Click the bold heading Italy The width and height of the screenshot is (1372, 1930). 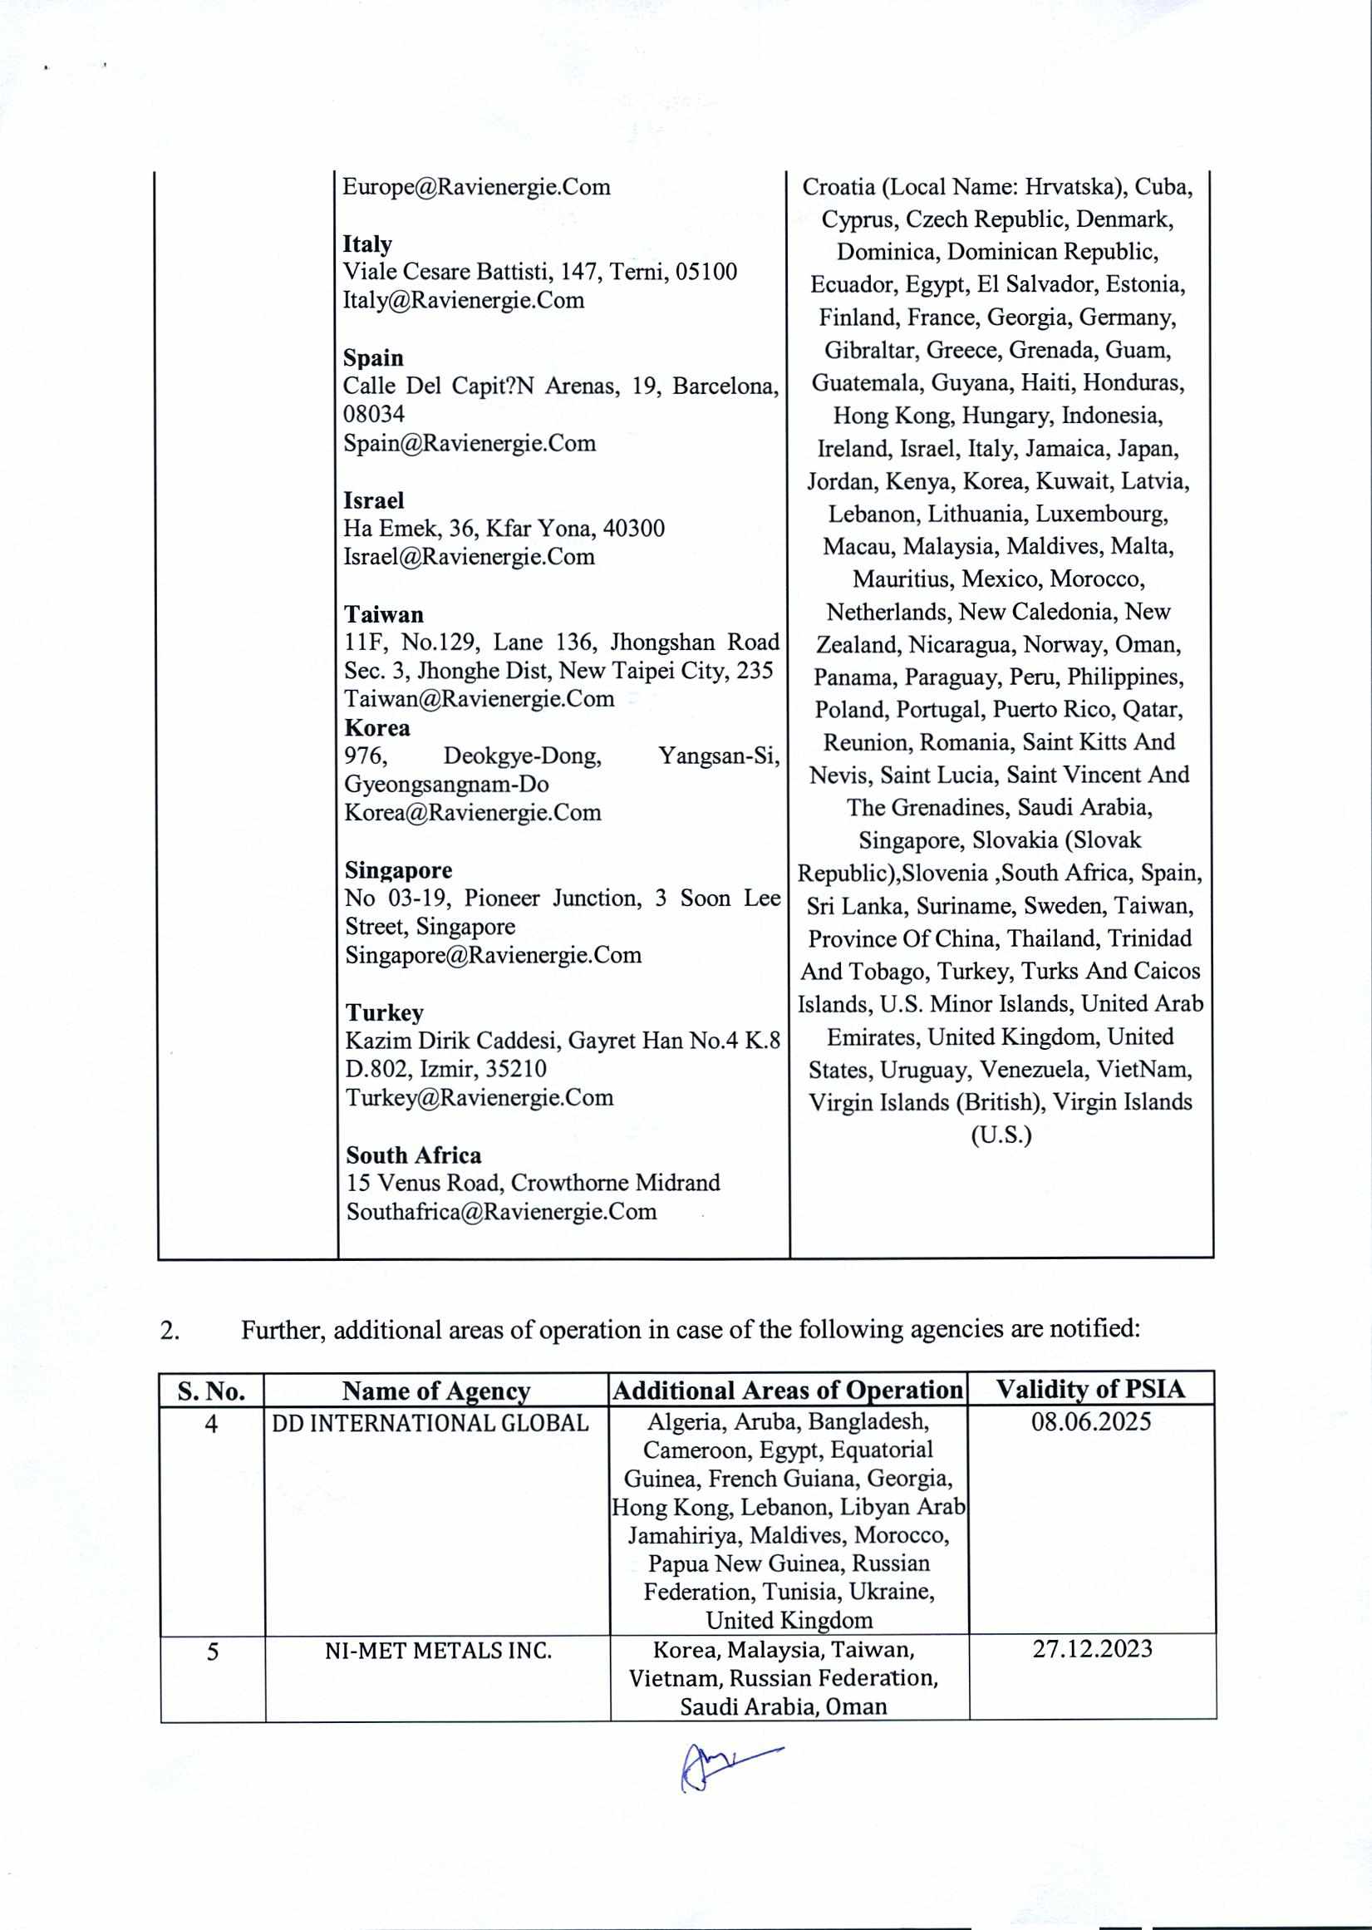pos(366,244)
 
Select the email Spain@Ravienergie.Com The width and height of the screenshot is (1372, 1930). pos(469,443)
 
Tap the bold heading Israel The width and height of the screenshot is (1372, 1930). pos(373,500)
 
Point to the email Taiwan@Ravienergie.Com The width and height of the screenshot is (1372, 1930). pos(479,699)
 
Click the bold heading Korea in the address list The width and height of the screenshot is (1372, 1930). pos(376,727)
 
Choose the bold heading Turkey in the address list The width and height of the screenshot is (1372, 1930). pos(385,1012)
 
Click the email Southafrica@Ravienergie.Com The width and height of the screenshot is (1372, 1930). pos(501,1211)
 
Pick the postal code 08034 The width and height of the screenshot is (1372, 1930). pos(373,414)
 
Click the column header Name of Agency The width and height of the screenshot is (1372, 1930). pos(436,1391)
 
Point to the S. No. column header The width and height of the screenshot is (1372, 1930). pos(211,1391)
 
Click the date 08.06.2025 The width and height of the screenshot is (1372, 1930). pos(1090,1421)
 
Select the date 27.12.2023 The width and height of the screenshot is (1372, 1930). pos(1091,1648)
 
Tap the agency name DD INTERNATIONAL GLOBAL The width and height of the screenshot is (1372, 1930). pos(429,1423)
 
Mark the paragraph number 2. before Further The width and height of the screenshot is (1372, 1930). pos(169,1330)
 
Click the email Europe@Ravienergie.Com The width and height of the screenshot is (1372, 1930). pos(475,187)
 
